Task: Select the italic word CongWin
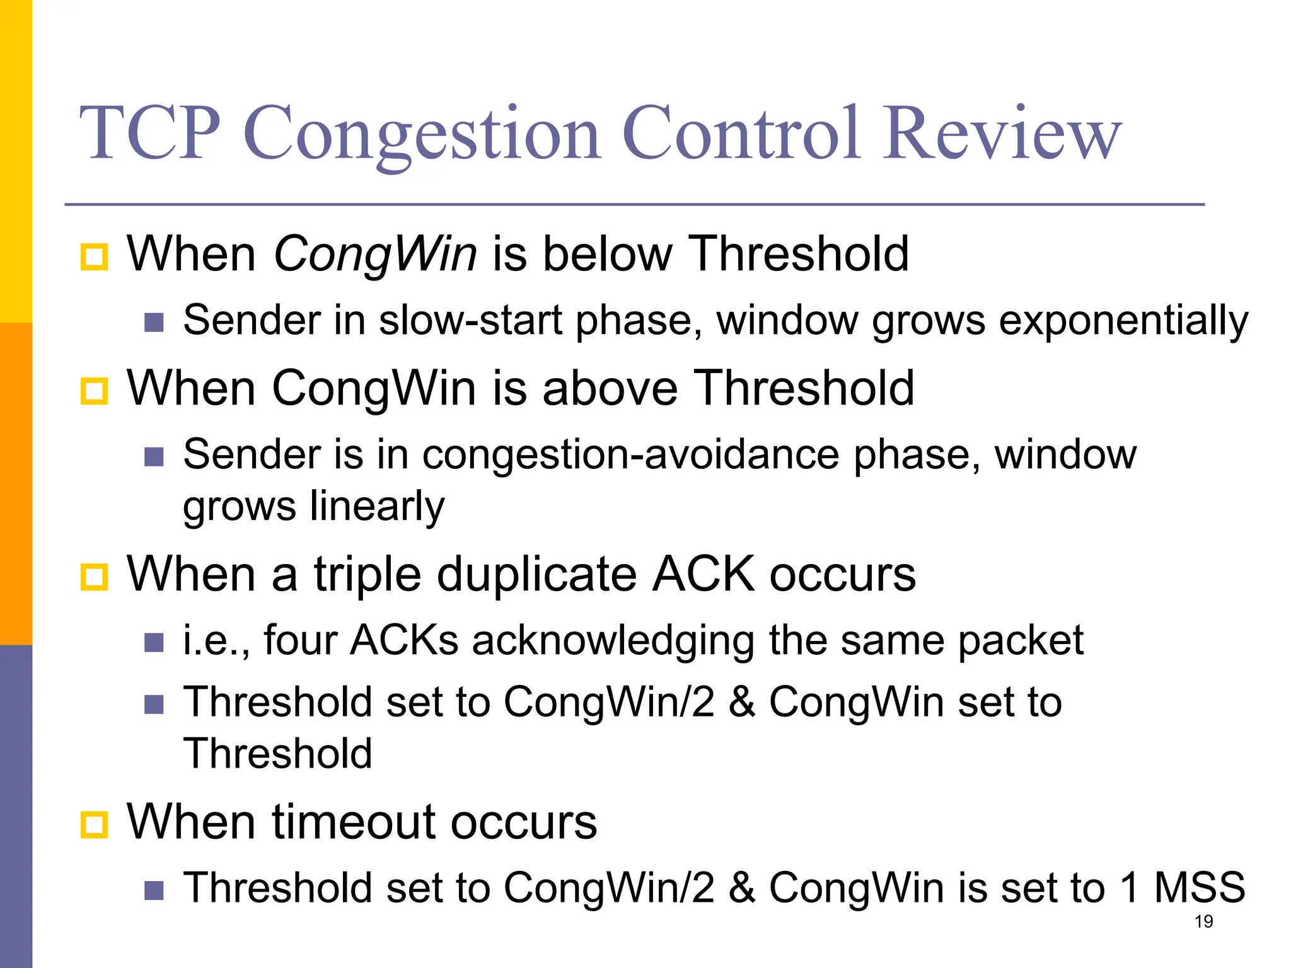(x=375, y=254)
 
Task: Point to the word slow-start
(x=470, y=321)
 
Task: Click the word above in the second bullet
(x=610, y=388)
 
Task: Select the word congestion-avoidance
(x=630, y=454)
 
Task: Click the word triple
(x=368, y=574)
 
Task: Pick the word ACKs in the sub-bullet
(x=404, y=641)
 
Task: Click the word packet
(x=1021, y=641)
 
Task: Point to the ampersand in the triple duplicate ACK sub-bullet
(x=741, y=702)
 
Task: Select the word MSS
(x=1199, y=888)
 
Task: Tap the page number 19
(x=1203, y=922)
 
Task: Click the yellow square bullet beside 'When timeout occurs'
(x=95, y=824)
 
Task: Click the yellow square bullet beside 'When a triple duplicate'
(x=95, y=576)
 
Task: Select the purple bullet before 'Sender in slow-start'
(x=154, y=323)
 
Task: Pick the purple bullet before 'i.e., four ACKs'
(x=154, y=643)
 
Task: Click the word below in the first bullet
(x=607, y=254)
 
